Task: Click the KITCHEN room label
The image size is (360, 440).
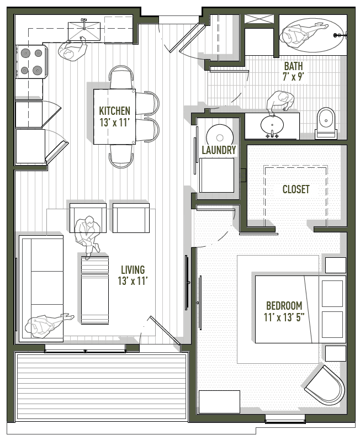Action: point(115,110)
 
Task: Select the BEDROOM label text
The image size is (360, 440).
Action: point(284,305)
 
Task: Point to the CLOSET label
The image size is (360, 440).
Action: point(296,189)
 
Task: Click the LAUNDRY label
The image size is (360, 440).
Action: point(219,150)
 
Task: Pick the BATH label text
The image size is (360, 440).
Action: point(293,66)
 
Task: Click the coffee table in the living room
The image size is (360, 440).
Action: point(95,290)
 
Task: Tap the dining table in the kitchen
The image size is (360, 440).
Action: point(114,116)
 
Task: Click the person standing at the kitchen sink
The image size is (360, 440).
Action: point(73,51)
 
